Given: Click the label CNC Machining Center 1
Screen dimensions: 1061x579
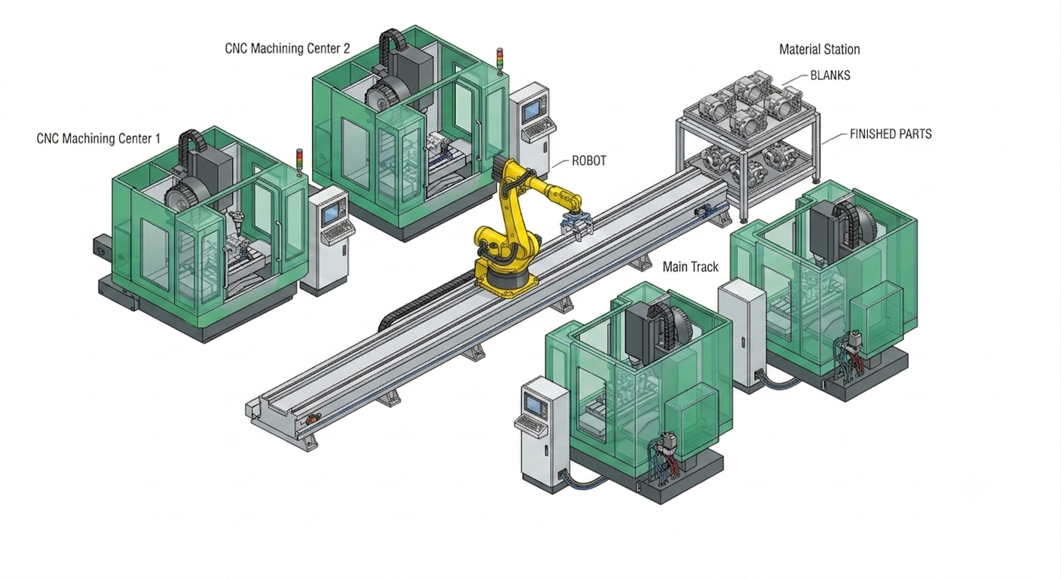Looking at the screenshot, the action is coord(99,139).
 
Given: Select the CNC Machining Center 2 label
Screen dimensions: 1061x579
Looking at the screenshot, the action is coord(287,49).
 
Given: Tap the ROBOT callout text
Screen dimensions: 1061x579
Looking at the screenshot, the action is coord(589,161).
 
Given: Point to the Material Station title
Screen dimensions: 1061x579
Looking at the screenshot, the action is coord(820,50).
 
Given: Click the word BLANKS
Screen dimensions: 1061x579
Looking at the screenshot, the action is coord(829,75).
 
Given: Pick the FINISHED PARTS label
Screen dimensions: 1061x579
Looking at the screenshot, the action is coord(891,134).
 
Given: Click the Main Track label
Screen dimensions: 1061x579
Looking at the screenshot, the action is coord(690,267).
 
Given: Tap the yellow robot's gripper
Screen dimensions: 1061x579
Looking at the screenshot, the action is coord(576,227).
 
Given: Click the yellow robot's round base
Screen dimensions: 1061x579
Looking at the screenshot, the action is coord(508,283).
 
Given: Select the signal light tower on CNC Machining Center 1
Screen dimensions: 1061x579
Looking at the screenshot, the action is coord(299,162).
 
